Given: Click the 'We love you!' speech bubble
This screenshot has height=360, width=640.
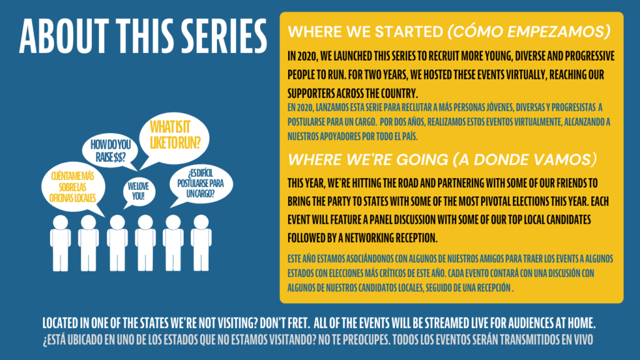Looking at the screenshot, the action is pos(139,192).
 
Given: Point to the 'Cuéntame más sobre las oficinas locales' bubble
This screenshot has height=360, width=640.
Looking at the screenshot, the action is pos(73,187).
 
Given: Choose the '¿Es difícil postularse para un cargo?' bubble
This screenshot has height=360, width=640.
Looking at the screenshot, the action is pos(201,184).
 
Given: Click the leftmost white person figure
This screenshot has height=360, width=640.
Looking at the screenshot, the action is pos(61,243).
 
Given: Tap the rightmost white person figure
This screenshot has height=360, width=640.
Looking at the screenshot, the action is pos(201,243).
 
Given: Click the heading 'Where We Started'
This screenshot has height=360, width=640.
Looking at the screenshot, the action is pos(365,32).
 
